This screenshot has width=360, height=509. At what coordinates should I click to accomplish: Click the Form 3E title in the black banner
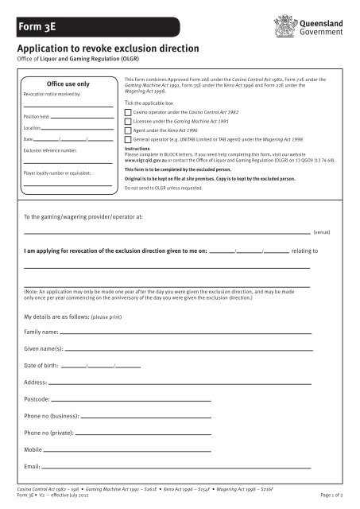(35, 31)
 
